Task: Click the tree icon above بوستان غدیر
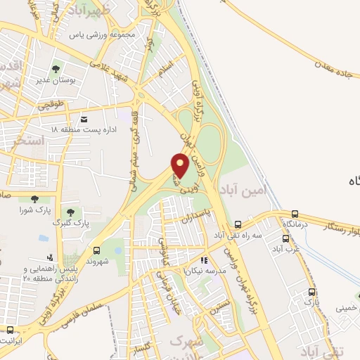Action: [x=56, y=69]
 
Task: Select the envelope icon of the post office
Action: [x=84, y=119]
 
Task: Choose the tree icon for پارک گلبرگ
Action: [x=69, y=211]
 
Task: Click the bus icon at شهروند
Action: [x=96, y=250]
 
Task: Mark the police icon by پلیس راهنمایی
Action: [x=49, y=257]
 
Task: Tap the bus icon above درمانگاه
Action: [x=295, y=214]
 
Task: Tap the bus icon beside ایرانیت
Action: [x=10, y=330]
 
